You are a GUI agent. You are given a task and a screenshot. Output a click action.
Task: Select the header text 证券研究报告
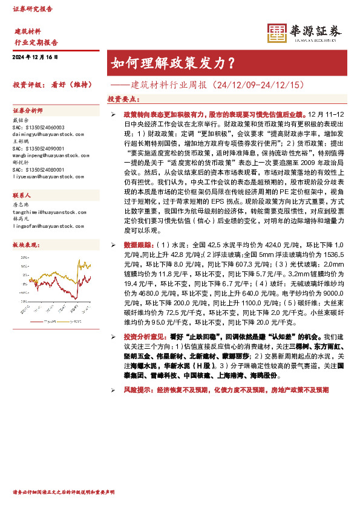pyautogui.click(x=33, y=9)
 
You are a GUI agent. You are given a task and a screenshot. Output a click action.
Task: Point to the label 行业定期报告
pyautogui.click(x=36, y=42)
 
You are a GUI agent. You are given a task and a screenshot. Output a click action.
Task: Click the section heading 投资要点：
pyautogui.click(x=123, y=98)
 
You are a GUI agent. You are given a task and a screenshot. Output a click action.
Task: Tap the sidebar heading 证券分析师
pyautogui.click(x=28, y=111)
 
